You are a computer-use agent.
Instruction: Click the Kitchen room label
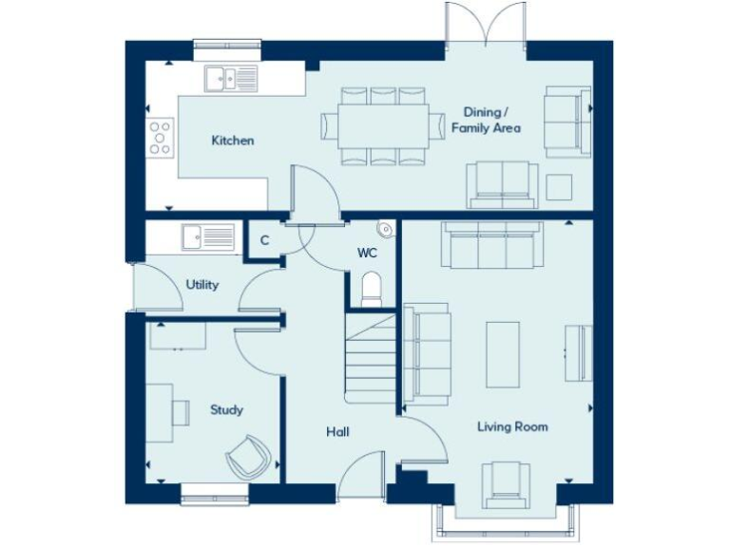click(232, 141)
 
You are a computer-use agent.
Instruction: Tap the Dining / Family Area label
click(486, 119)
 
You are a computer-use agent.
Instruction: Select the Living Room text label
click(512, 426)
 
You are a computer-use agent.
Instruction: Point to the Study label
click(226, 410)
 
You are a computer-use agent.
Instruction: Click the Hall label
click(337, 432)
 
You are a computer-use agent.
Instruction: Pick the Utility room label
click(202, 284)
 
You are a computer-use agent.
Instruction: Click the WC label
click(368, 254)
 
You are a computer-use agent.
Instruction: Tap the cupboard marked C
click(265, 240)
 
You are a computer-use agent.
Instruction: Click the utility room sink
click(208, 235)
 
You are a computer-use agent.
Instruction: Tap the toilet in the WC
click(371, 288)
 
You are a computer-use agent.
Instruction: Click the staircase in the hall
click(370, 358)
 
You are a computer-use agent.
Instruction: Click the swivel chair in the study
click(249, 458)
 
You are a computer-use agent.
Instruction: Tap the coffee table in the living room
click(503, 351)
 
